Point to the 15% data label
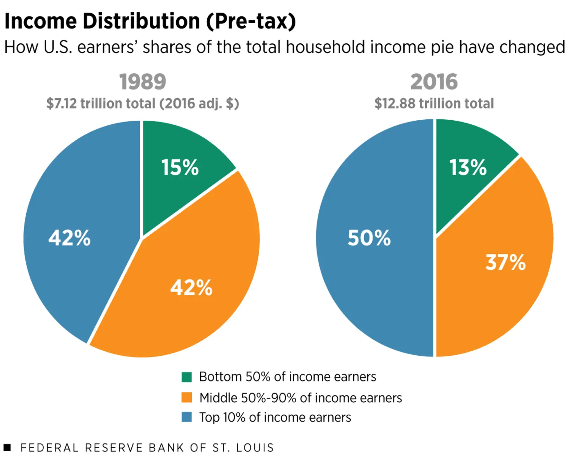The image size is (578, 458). pyautogui.click(x=180, y=167)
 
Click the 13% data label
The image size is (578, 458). pyautogui.click(x=468, y=167)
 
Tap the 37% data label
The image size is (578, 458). pyautogui.click(x=505, y=262)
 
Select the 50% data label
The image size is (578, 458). pyautogui.click(x=369, y=238)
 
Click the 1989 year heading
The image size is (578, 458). pyautogui.click(x=143, y=82)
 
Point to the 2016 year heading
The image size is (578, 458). pyautogui.click(x=434, y=82)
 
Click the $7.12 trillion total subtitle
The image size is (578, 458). pyautogui.click(x=143, y=103)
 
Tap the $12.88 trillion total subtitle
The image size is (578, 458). pyautogui.click(x=434, y=103)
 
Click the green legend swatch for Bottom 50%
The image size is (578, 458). pyautogui.click(x=187, y=377)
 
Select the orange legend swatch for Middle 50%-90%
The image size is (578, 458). pyautogui.click(x=187, y=397)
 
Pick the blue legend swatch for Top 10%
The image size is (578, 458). pyautogui.click(x=187, y=417)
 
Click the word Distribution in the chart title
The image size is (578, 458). pyautogui.click(x=141, y=21)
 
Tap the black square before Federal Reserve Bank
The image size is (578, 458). pyautogui.click(x=7, y=448)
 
